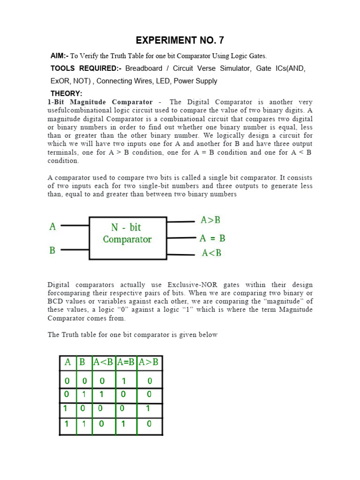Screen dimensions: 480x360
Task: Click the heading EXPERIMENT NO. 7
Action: pyautogui.click(x=180, y=40)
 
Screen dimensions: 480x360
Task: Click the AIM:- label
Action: pyautogui.click(x=60, y=56)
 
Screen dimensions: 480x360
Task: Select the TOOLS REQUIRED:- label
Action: pyautogui.click(x=86, y=68)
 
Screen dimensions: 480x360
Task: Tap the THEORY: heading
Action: pyautogui.click(x=66, y=94)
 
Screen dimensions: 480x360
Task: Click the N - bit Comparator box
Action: pyautogui.click(x=127, y=238)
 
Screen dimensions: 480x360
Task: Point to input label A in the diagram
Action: pyautogui.click(x=52, y=227)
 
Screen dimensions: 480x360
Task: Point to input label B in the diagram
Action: pyautogui.click(x=52, y=251)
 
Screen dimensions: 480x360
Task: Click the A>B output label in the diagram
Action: pyautogui.click(x=210, y=220)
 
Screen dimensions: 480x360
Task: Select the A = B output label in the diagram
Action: pyautogui.click(x=212, y=238)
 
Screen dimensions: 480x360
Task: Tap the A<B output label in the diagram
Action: pyautogui.click(x=211, y=253)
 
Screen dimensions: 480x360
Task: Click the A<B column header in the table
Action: pyautogui.click(x=103, y=362)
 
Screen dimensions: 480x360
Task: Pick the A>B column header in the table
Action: pyautogui.click(x=149, y=362)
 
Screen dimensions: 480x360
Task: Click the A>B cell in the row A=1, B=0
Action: pyautogui.click(x=149, y=408)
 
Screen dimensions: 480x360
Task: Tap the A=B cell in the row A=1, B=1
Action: pyautogui.click(x=124, y=424)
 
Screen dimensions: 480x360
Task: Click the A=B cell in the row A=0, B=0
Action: pyautogui.click(x=124, y=381)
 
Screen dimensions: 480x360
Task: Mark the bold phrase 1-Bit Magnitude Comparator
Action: pyautogui.click(x=100, y=102)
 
